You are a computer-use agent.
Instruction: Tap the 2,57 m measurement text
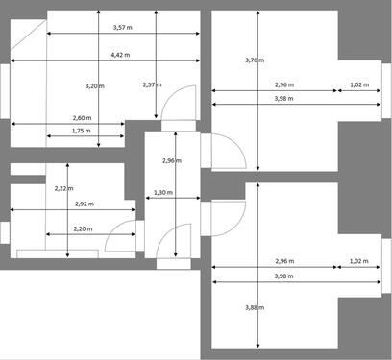click(149, 85)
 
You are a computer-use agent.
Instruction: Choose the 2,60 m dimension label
click(83, 118)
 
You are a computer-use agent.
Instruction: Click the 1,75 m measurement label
click(83, 131)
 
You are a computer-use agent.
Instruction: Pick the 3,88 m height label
click(254, 307)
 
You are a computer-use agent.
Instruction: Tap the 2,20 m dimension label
click(83, 228)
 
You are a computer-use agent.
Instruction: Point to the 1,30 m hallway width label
click(163, 193)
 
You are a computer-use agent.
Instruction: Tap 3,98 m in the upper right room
click(283, 99)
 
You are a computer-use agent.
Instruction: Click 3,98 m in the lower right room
click(283, 276)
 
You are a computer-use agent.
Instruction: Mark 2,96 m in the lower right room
click(283, 261)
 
